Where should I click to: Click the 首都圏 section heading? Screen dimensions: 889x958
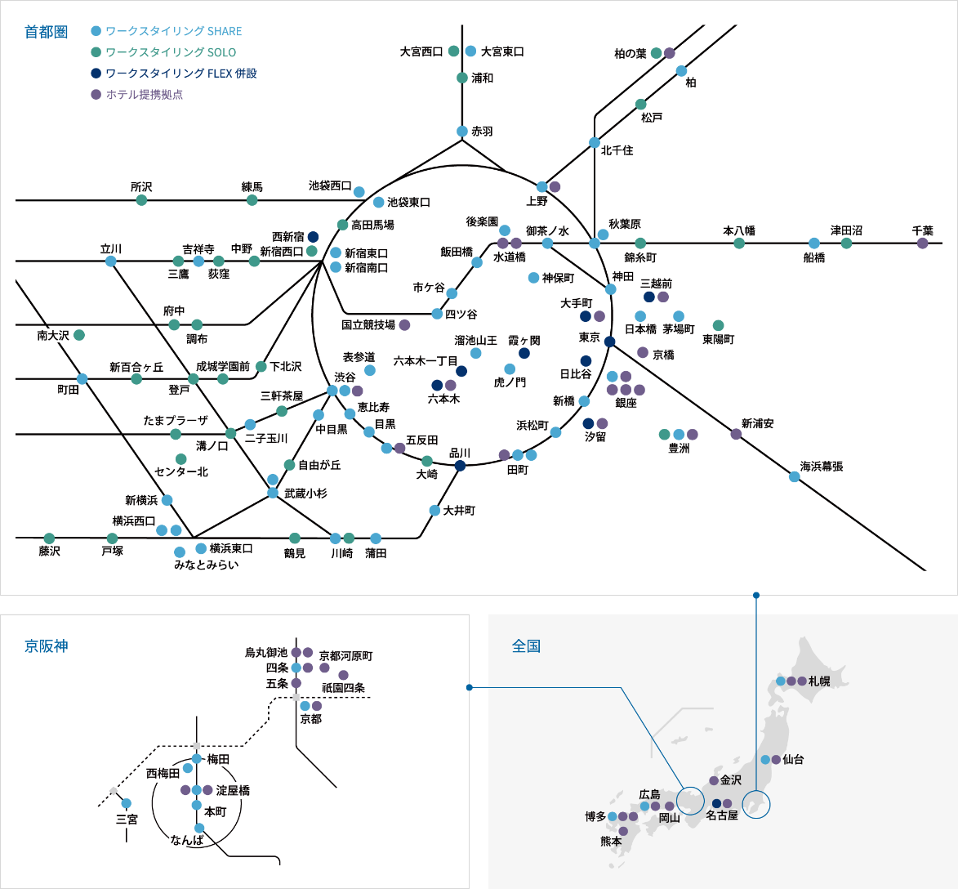click(x=46, y=32)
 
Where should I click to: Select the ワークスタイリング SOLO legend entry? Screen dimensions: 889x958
click(x=171, y=52)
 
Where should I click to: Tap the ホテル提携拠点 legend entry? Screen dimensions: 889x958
click(x=144, y=95)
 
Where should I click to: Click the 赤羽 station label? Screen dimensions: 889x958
click(x=482, y=132)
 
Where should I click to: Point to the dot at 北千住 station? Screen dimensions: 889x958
click(x=595, y=143)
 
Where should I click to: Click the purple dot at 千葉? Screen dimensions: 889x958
click(x=922, y=243)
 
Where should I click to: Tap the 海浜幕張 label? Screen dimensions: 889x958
click(x=821, y=467)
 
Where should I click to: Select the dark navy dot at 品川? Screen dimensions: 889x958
click(x=460, y=466)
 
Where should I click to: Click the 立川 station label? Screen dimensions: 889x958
click(x=111, y=248)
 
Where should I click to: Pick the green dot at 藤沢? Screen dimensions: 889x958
click(x=49, y=538)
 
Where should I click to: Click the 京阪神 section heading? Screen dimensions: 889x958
click(x=46, y=646)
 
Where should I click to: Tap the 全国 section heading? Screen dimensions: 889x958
click(x=526, y=646)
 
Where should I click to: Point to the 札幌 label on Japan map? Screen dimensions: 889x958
click(x=819, y=681)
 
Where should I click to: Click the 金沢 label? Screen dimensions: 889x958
click(x=731, y=780)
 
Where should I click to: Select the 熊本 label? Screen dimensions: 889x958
click(x=611, y=841)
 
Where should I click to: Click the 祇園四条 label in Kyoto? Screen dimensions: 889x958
click(x=343, y=688)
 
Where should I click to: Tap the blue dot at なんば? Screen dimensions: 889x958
click(x=199, y=828)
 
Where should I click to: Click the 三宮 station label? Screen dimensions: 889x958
click(x=127, y=819)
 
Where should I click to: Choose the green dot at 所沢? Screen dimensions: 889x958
click(x=141, y=200)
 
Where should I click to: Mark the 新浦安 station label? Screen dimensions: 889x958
click(x=757, y=423)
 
